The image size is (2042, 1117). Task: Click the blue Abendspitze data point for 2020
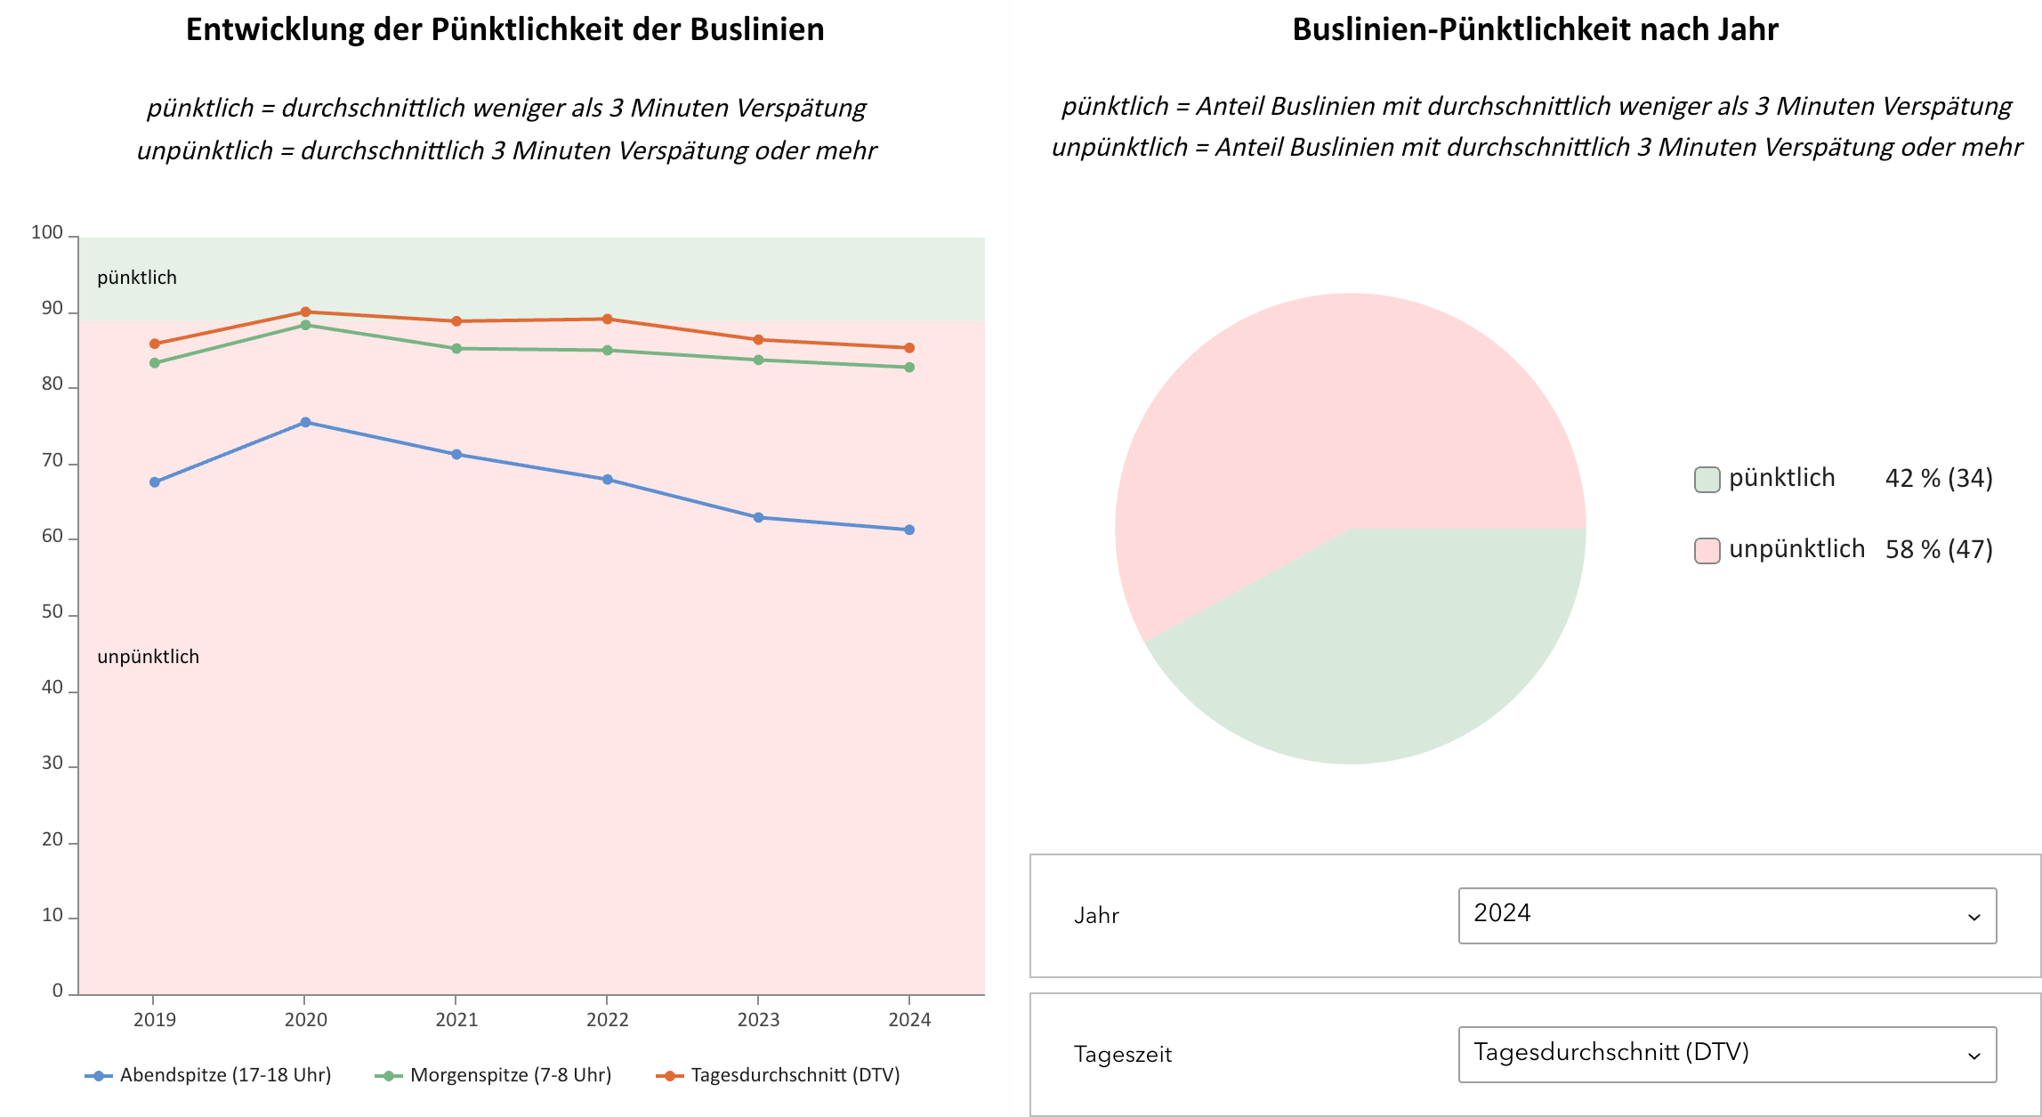tap(305, 422)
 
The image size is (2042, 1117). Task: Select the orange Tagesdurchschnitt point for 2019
tap(155, 344)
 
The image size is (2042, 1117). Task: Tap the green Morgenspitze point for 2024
tap(909, 367)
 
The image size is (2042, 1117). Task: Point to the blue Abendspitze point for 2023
tap(758, 517)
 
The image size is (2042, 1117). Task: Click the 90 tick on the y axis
tap(52, 309)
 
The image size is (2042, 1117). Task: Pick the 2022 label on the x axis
tap(607, 1019)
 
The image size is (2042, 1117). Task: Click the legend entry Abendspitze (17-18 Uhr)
tap(225, 1075)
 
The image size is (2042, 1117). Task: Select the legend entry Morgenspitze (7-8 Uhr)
tap(510, 1075)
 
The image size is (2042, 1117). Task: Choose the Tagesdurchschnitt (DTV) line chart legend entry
tap(795, 1075)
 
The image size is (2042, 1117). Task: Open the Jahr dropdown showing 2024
tap(1727, 915)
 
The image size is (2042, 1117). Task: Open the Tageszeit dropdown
tap(1727, 1054)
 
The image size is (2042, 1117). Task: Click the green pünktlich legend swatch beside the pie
tap(1707, 479)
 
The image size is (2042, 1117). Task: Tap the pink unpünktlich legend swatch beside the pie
tap(1707, 550)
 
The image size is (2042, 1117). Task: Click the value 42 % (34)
tap(1939, 479)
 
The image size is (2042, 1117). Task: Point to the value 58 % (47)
tap(1939, 550)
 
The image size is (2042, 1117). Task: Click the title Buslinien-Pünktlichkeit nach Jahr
tap(1535, 29)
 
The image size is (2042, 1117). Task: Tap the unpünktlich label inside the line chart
tap(148, 657)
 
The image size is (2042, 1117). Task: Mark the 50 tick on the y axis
tap(52, 612)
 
